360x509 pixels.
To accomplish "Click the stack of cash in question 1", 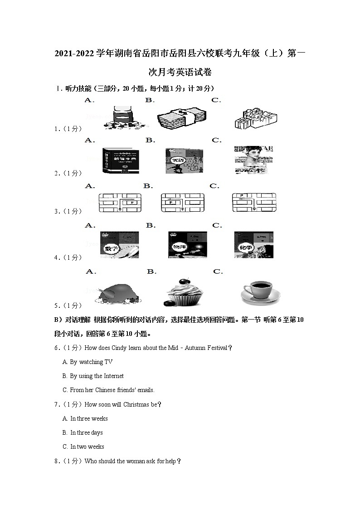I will (x=178, y=119).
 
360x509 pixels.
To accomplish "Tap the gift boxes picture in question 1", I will (x=255, y=119).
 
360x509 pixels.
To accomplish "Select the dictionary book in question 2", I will (x=119, y=160).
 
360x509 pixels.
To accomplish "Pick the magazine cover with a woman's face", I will (x=254, y=160).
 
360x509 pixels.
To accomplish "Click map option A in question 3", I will (x=120, y=203).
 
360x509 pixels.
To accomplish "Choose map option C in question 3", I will (x=254, y=203).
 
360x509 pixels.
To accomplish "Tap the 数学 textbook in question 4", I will (x=119, y=245).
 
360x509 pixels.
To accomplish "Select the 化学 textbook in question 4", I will (x=254, y=245).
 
